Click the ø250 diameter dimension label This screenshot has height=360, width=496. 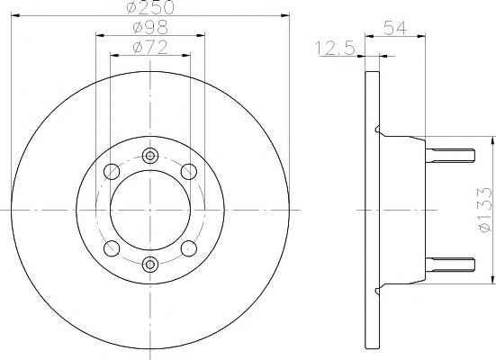150,7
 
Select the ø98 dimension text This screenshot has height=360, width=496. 150,28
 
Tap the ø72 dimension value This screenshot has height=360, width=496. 150,48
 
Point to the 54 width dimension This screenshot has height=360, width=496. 394,28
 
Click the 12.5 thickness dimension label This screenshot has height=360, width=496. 335,49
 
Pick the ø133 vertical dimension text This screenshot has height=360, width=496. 486,210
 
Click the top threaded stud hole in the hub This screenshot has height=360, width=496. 150,156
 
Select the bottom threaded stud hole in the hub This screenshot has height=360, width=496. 150,264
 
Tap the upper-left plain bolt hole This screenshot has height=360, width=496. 112,172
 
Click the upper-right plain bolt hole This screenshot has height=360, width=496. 189,172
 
